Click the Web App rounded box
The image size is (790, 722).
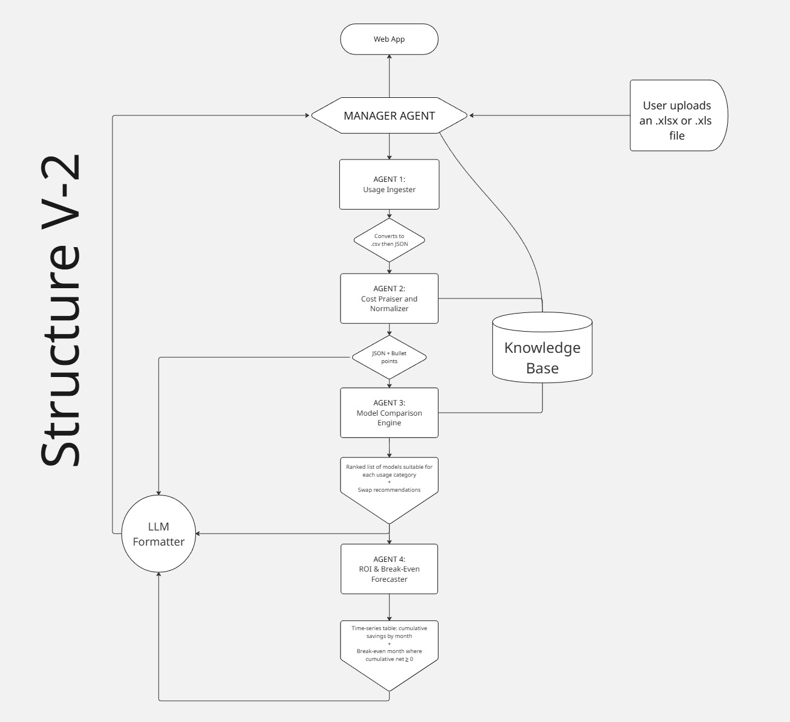click(389, 39)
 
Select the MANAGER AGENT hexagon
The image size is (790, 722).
click(389, 115)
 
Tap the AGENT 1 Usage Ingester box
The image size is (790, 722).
click(389, 184)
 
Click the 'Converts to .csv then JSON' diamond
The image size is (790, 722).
click(389, 240)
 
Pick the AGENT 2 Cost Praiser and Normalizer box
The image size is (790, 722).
click(389, 298)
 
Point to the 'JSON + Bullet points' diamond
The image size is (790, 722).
click(389, 357)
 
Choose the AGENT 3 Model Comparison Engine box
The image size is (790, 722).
click(389, 413)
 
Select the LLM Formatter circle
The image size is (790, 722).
click(158, 534)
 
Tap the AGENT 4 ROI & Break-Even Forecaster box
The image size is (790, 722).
click(389, 569)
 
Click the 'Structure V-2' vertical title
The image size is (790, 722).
click(60, 311)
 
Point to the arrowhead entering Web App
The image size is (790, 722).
click(389, 57)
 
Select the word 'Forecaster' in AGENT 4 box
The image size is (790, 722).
click(389, 579)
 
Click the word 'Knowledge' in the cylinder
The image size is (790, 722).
click(542, 348)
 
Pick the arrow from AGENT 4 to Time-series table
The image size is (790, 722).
click(389, 607)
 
